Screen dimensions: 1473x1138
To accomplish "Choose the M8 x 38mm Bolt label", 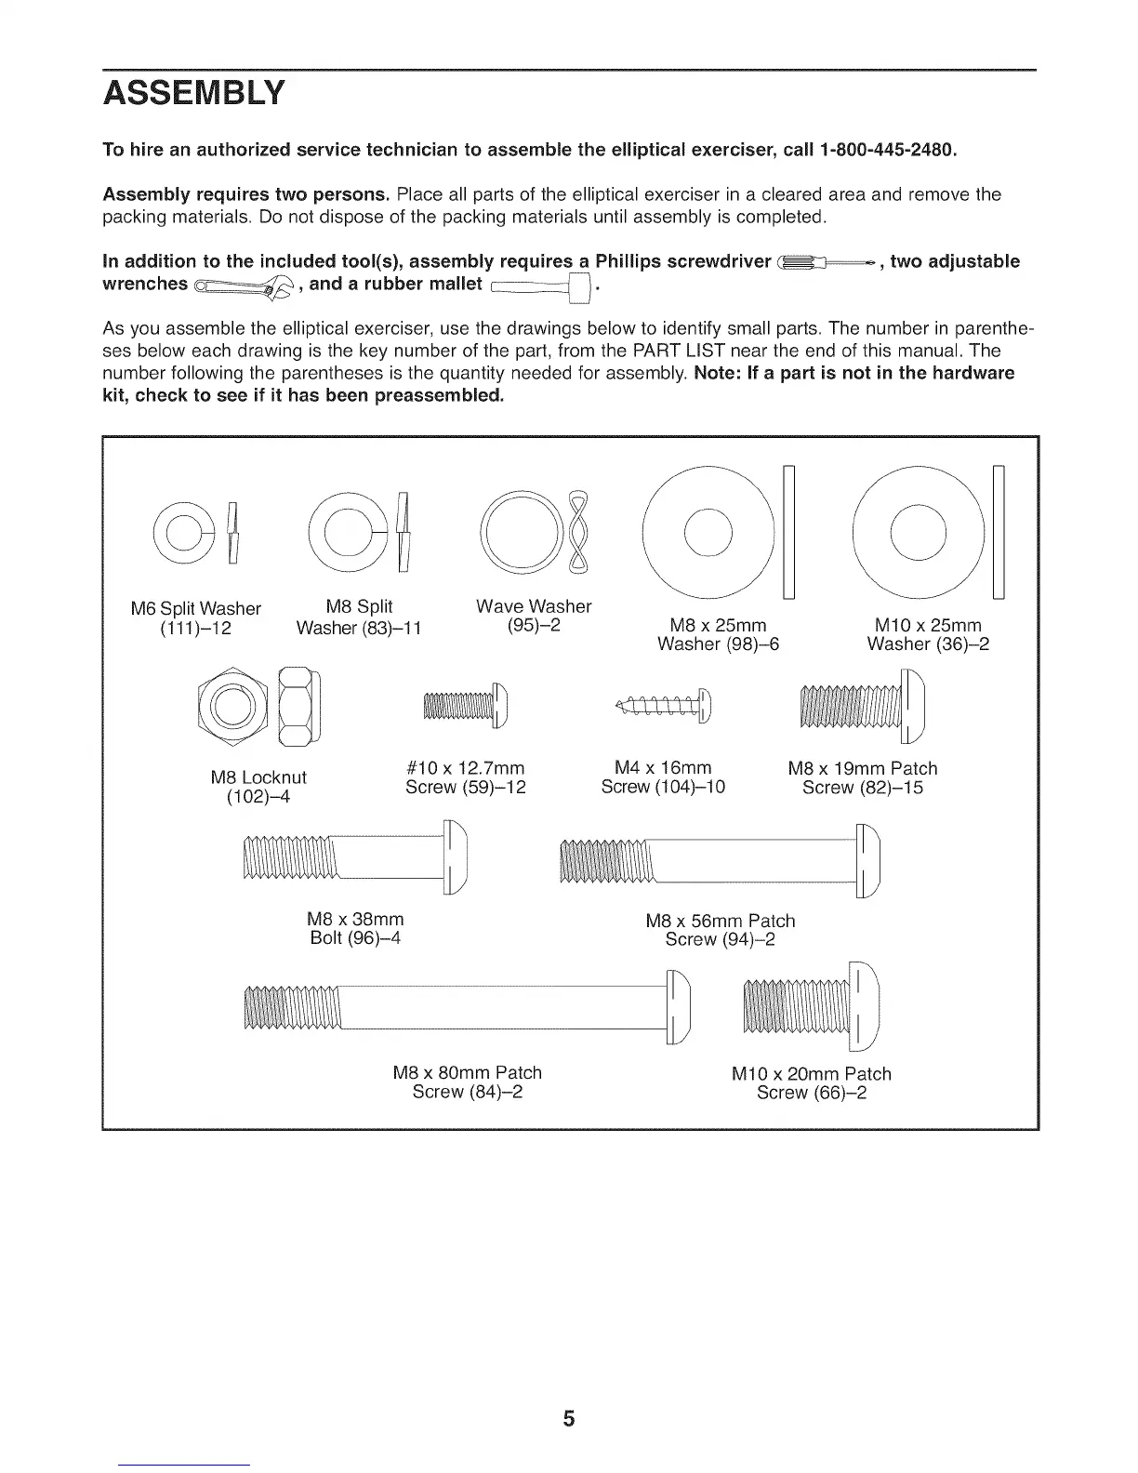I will pyautogui.click(x=355, y=928).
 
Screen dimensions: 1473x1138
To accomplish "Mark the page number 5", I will pyautogui.click(x=569, y=1419).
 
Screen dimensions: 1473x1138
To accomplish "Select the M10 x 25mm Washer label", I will pyautogui.click(x=927, y=634).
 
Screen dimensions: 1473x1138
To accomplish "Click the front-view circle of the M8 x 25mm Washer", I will pyautogui.click(x=708, y=534).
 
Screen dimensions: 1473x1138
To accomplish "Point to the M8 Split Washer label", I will pyautogui.click(x=359, y=617).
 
